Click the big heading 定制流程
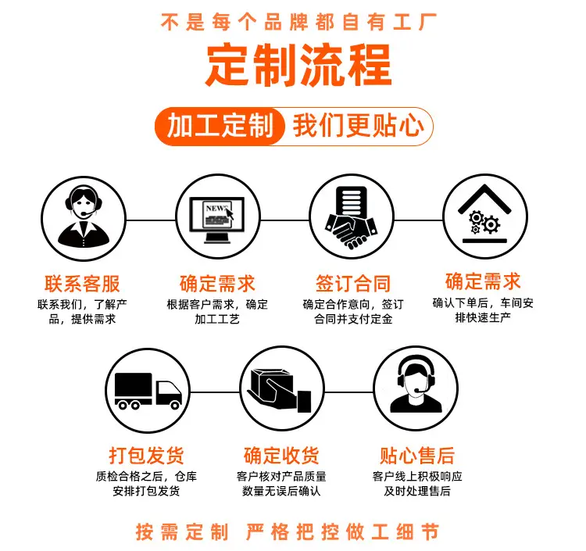(x=298, y=64)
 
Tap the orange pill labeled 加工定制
(x=220, y=126)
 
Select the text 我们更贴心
(x=359, y=126)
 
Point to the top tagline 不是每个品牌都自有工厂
(x=298, y=21)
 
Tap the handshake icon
(x=352, y=216)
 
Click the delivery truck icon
(x=148, y=390)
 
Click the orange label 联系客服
(x=82, y=284)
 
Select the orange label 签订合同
(x=353, y=284)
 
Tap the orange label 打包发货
(x=147, y=456)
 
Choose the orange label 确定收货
(x=281, y=456)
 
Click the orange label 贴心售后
(x=417, y=456)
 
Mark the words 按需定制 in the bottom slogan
(x=182, y=532)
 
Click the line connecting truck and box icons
(x=215, y=392)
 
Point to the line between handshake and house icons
(x=419, y=220)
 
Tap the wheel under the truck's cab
(x=175, y=404)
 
